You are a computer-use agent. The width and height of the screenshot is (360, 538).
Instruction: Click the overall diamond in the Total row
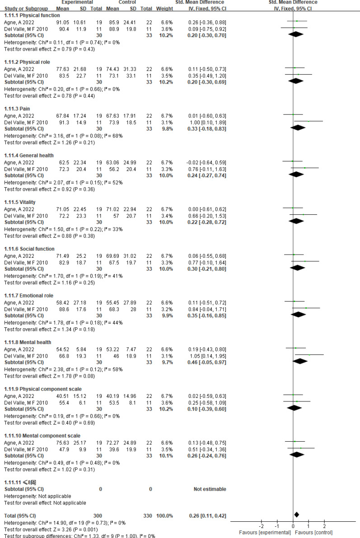point(296,514)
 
